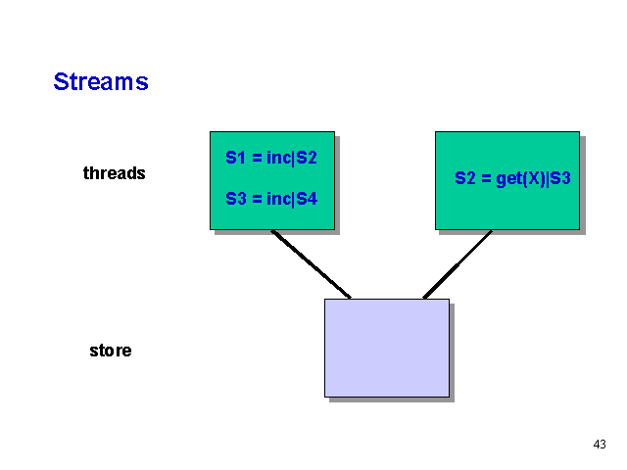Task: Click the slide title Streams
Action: click(x=101, y=81)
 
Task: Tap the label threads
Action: click(x=114, y=173)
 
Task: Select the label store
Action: click(x=110, y=351)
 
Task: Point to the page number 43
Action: click(x=600, y=445)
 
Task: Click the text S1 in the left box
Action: click(x=236, y=157)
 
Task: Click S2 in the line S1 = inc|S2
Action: click(x=307, y=157)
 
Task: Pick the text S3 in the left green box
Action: click(x=236, y=199)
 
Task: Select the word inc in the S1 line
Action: click(x=278, y=157)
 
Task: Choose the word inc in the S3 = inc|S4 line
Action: click(x=278, y=199)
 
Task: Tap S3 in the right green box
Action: click(x=559, y=179)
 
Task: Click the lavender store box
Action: click(x=386, y=348)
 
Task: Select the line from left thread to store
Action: click(x=311, y=263)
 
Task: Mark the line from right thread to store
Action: click(x=458, y=264)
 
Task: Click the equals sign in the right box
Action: click(x=485, y=179)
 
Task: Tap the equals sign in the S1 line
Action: click(x=256, y=157)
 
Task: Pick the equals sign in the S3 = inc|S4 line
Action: click(x=256, y=199)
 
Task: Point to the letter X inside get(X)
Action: click(x=533, y=179)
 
